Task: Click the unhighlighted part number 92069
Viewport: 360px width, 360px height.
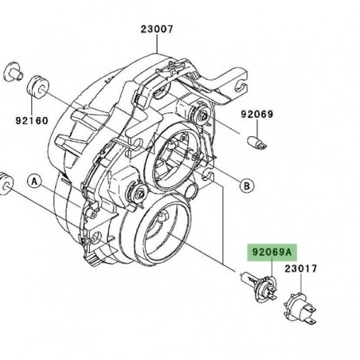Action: (256, 114)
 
